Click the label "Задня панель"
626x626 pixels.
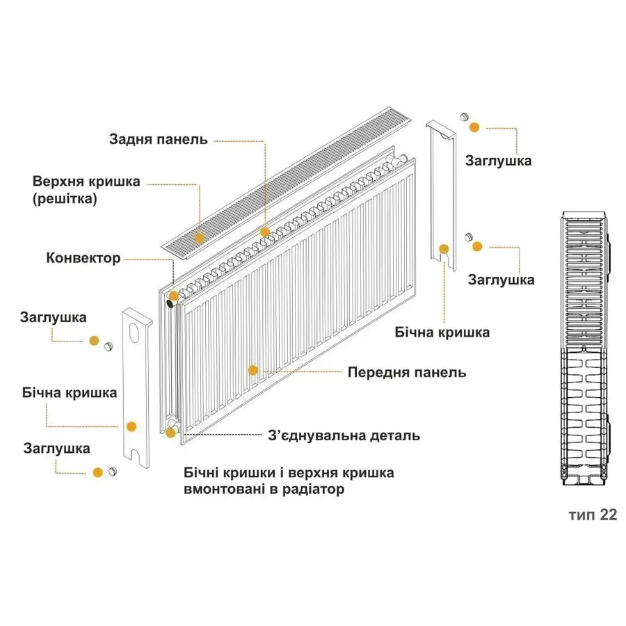tap(158, 139)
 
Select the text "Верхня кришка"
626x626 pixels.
tap(86, 182)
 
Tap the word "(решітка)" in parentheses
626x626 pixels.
tap(65, 198)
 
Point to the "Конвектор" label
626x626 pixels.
tap(83, 258)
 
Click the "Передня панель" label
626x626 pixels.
tap(407, 372)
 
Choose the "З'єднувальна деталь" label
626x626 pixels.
tap(344, 436)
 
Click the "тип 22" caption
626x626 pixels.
tap(592, 515)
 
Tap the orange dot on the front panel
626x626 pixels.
tap(253, 371)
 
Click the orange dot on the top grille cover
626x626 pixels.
tap(200, 238)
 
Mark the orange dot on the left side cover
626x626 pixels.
tap(131, 426)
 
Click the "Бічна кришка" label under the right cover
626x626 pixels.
tap(442, 332)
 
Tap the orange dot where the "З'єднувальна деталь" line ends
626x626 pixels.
tap(170, 433)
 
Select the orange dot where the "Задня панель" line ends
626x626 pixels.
tap(264, 232)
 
